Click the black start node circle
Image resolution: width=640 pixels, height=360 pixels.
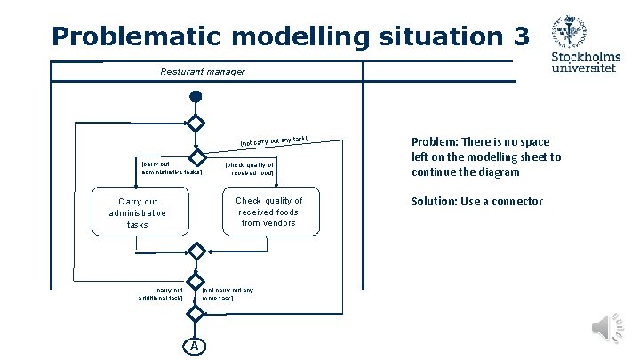[196, 97]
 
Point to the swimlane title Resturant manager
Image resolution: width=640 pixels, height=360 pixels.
[202, 71]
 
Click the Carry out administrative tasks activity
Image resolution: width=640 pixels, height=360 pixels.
[138, 213]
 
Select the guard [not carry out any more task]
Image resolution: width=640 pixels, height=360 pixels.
[228, 294]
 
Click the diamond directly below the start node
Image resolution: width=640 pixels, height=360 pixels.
[196, 124]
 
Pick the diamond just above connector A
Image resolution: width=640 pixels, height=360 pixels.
[196, 314]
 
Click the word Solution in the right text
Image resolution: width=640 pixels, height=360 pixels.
[432, 202]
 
